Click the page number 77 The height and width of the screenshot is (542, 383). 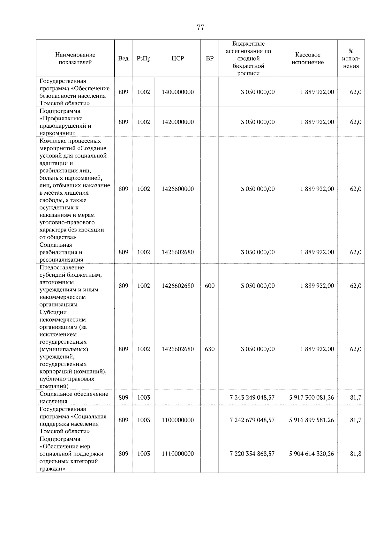click(200, 27)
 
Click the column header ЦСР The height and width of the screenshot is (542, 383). click(178, 58)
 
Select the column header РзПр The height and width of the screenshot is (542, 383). click(143, 58)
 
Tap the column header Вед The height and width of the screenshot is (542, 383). click(123, 58)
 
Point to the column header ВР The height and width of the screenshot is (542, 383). click(210, 58)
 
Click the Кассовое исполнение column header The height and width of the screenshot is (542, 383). click(307, 58)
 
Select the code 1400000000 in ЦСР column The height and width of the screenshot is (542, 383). click(178, 92)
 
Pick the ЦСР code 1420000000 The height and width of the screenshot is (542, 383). click(178, 122)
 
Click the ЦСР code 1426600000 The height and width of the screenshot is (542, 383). click(178, 189)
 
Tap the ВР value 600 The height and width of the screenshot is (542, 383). click(210, 286)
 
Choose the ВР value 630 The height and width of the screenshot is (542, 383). click(210, 349)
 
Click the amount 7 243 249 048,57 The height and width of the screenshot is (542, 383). click(252, 397)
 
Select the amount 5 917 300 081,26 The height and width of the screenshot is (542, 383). click(312, 397)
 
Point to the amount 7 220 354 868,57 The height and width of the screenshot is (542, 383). click(252, 454)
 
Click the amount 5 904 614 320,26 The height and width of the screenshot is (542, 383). click(312, 454)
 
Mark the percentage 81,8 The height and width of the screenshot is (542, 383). click(356, 454)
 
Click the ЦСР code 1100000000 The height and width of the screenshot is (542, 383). click(178, 420)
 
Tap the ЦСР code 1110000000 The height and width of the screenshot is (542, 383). click(178, 454)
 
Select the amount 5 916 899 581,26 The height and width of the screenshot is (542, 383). click(312, 420)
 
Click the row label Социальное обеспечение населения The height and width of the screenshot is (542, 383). click(74, 397)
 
